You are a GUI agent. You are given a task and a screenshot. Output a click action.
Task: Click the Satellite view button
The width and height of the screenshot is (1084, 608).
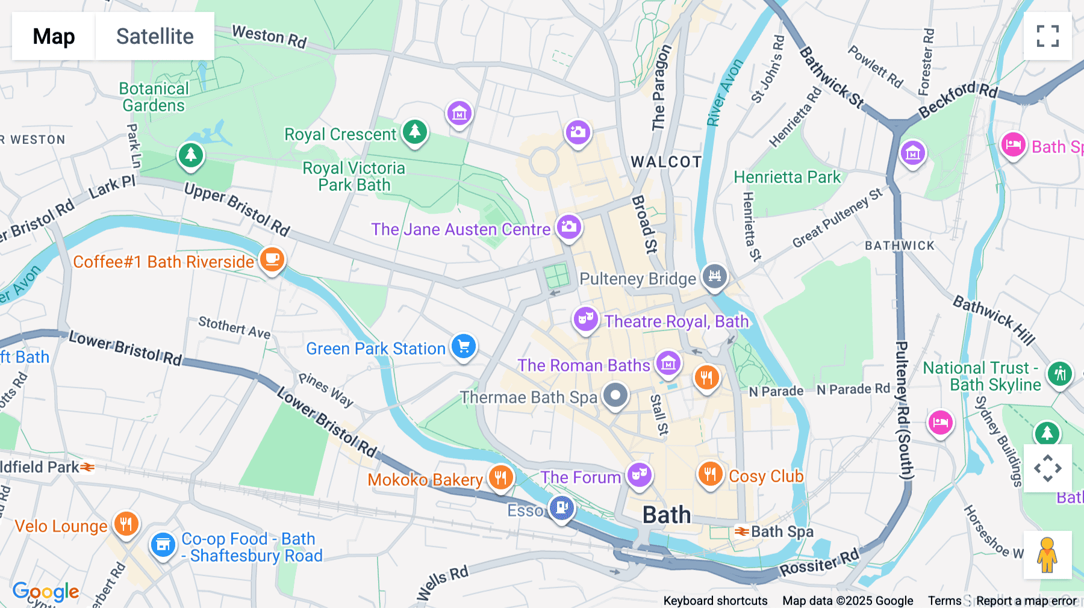pyautogui.click(x=155, y=36)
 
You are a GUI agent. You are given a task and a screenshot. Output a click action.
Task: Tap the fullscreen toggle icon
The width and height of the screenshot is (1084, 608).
pyautogui.click(x=1047, y=36)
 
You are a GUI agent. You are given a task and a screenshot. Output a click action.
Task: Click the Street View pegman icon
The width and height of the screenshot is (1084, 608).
pyautogui.click(x=1047, y=555)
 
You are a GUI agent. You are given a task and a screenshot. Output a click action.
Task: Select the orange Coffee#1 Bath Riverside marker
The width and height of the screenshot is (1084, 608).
pyautogui.click(x=272, y=260)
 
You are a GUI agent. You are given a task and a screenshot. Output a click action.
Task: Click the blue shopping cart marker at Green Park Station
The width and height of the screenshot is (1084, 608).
pyautogui.click(x=464, y=347)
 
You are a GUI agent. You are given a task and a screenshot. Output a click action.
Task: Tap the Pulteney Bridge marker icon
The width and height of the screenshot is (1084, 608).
pyautogui.click(x=715, y=276)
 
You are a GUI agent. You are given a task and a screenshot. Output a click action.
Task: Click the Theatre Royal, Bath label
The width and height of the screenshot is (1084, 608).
pyautogui.click(x=676, y=321)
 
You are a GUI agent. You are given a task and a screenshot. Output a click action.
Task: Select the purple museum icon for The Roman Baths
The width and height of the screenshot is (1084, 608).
pyautogui.click(x=668, y=364)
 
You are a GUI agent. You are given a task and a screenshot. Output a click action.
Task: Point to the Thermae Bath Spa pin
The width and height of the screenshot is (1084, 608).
pyautogui.click(x=615, y=396)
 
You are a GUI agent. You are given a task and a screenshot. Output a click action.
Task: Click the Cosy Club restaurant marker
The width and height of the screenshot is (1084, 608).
pyautogui.click(x=710, y=474)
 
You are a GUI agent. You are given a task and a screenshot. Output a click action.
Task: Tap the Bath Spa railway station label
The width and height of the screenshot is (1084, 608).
pyautogui.click(x=782, y=532)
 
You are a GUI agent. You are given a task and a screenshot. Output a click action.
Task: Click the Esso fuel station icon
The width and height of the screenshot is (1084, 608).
pyautogui.click(x=561, y=508)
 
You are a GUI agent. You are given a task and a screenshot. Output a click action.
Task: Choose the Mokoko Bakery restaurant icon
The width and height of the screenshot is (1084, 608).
pyautogui.click(x=500, y=478)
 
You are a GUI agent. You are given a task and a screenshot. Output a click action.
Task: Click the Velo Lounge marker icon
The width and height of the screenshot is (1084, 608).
pyautogui.click(x=126, y=524)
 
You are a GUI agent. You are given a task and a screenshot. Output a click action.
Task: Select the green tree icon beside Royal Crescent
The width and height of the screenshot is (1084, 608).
pyautogui.click(x=415, y=131)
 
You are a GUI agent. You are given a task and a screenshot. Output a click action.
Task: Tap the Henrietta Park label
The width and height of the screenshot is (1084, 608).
pyautogui.click(x=787, y=177)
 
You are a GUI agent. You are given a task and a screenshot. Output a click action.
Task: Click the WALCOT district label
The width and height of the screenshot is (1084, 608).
pyautogui.click(x=666, y=162)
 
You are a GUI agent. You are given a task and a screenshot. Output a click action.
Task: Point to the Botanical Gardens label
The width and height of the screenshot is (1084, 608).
pyautogui.click(x=154, y=97)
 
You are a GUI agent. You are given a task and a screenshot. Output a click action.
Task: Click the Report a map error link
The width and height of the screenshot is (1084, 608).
pyautogui.click(x=1026, y=601)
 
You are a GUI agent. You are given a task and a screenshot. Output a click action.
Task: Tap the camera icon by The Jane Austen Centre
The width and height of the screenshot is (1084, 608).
pyautogui.click(x=568, y=228)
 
